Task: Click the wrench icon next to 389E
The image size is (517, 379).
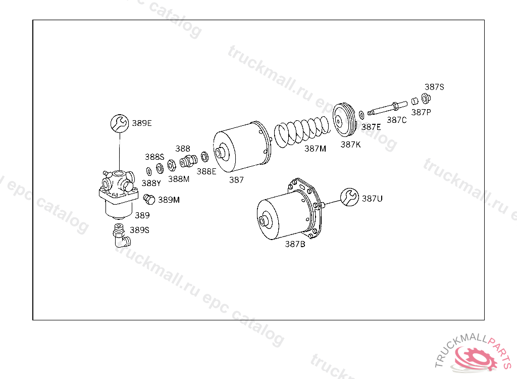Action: (119, 123)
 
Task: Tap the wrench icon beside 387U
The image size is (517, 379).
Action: (349, 197)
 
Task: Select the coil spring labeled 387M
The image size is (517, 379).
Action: (302, 131)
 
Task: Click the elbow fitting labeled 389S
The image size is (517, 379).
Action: (121, 235)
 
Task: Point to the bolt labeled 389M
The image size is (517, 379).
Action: (149, 199)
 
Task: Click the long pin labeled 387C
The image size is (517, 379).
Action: (387, 109)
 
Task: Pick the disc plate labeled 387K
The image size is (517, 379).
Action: (343, 120)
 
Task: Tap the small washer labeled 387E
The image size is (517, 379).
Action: (361, 115)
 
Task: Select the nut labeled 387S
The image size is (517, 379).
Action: (426, 99)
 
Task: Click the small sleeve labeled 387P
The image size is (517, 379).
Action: (415, 101)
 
